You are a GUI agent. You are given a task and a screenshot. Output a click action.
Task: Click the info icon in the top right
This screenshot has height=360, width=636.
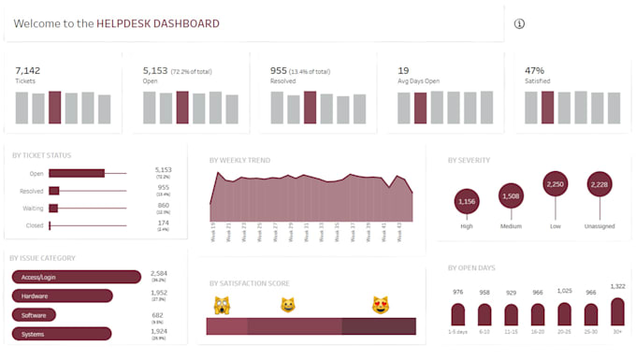[x=520, y=23]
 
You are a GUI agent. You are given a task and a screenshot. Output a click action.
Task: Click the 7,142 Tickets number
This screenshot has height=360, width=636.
[x=28, y=70]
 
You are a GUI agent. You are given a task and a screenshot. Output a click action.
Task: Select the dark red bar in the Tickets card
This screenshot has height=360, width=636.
[x=54, y=108]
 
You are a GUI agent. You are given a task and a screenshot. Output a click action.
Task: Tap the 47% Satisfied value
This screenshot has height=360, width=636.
[x=535, y=70]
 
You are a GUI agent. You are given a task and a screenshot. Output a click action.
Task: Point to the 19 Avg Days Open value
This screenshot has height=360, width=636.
[x=403, y=70]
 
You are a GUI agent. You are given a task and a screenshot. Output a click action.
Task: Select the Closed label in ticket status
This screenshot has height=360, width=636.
[x=36, y=225]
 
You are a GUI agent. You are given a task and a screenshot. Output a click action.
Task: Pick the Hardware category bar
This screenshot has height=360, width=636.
[x=62, y=295]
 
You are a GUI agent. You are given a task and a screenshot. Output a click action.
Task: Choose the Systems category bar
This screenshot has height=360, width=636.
[x=62, y=333]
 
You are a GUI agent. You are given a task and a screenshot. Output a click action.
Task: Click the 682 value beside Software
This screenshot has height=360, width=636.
[x=158, y=315]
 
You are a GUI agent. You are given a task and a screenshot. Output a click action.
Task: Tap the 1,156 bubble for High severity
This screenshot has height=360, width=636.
[x=466, y=201]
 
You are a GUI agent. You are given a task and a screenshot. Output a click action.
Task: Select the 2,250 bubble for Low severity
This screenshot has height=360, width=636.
[x=555, y=184]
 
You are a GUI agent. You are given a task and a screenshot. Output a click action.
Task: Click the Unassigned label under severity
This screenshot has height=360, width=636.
[x=599, y=225]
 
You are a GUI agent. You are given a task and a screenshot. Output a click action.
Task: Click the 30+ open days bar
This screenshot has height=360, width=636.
[x=617, y=312]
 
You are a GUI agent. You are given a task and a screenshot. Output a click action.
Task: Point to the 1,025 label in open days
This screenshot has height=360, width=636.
[x=564, y=291]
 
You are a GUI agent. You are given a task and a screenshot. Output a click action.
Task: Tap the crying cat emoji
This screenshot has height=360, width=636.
[x=223, y=305]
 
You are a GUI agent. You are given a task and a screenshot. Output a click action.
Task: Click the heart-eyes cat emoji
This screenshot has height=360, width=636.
[x=381, y=305]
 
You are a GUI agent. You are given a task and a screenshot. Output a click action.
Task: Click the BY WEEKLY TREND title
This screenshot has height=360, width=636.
[x=240, y=160]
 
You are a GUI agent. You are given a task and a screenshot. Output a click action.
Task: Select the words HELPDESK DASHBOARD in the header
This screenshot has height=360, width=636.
[x=158, y=23]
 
